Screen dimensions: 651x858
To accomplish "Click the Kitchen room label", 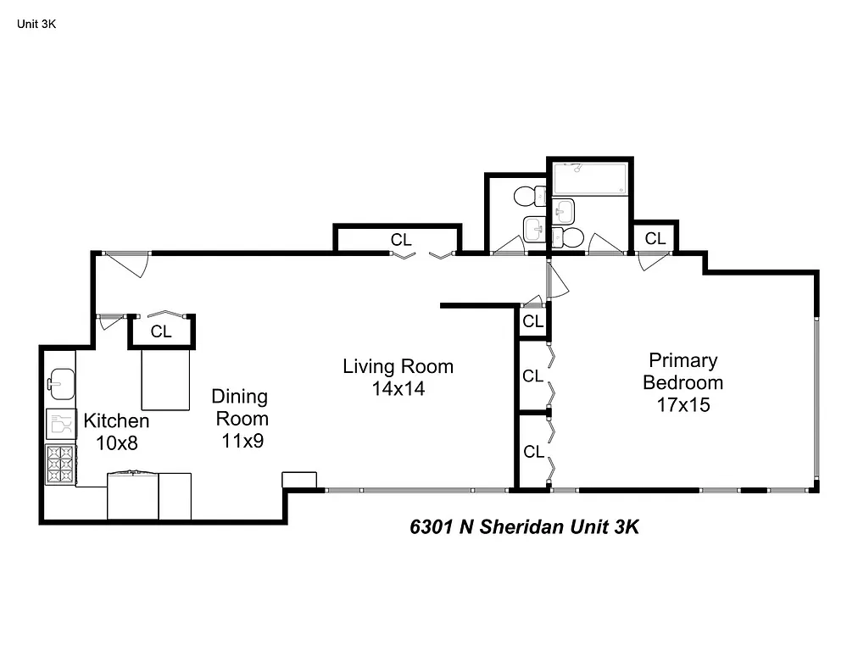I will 116,421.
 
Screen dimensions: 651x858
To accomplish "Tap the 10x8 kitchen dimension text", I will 116,442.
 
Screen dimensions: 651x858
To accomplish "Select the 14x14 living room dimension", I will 398,389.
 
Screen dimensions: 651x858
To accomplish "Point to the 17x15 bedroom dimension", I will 682,405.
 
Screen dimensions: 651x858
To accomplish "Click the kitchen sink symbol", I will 61,382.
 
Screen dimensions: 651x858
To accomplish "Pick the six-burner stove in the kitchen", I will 61,464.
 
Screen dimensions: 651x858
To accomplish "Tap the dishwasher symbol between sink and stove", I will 61,423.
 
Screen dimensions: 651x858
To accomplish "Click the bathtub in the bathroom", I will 589,179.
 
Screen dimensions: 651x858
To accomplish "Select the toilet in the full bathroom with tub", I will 570,236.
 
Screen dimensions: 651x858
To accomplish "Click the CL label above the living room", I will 401,241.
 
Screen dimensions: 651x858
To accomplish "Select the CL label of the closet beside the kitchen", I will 161,332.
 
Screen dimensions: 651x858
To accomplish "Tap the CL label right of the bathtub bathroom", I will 655,239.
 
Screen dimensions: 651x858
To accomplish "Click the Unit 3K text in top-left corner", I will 36,24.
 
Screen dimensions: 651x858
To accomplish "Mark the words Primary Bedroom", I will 682,371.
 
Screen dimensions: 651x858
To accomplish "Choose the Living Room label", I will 398,367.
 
